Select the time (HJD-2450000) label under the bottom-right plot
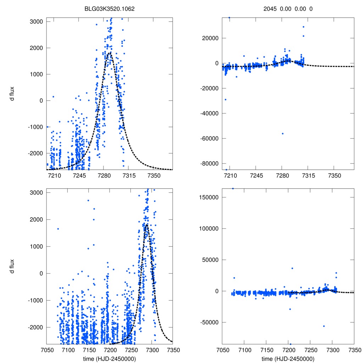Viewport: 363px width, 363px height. tap(288, 359)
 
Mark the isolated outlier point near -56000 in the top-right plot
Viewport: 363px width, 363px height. tap(283, 133)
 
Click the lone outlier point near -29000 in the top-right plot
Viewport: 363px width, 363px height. tap(225, 99)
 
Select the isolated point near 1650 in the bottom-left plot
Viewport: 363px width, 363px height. tap(58, 229)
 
